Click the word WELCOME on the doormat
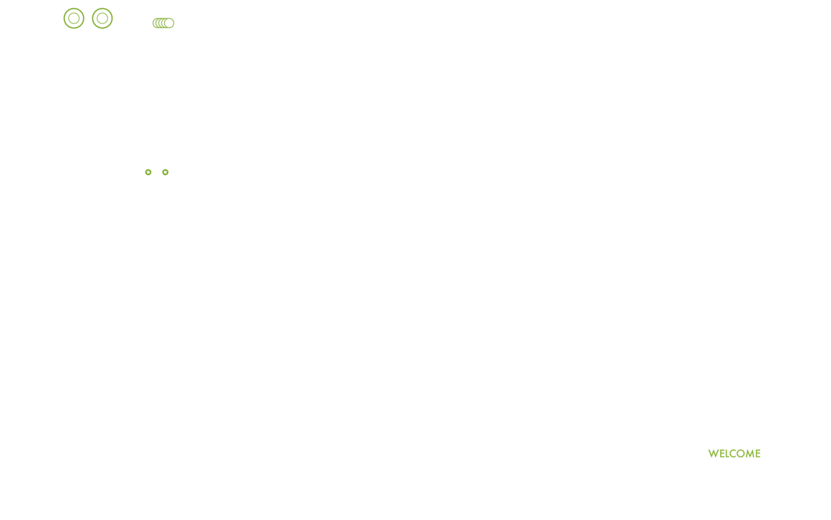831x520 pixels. (x=734, y=454)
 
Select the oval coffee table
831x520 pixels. (x=620, y=241)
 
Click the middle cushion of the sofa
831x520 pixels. (x=621, y=192)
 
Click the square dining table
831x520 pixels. (x=167, y=322)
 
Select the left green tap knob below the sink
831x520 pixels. (x=148, y=172)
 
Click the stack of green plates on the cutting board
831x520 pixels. (x=163, y=23)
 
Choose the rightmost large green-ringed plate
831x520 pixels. (x=102, y=18)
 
